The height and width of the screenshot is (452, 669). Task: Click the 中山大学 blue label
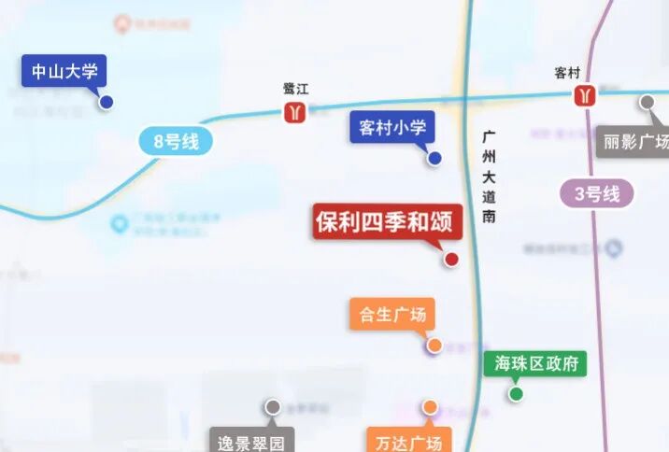coord(64,71)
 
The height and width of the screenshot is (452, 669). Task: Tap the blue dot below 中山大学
coord(107,102)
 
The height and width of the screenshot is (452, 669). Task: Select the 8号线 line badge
coord(177,141)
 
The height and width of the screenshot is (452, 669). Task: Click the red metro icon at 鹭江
coord(295,113)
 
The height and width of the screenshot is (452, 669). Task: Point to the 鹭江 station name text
coord(295,90)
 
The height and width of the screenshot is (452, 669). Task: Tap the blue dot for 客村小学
coord(434,158)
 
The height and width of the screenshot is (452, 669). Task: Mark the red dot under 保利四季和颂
coord(450,260)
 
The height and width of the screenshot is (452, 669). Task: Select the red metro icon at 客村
coord(586,95)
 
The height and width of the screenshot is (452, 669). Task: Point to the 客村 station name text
coord(567,72)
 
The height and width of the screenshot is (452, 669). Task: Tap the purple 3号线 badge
coord(597,194)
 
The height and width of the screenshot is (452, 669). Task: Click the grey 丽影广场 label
coord(635,143)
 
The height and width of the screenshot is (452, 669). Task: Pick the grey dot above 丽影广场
coord(647,103)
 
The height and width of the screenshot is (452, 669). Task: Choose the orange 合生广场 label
coord(392,315)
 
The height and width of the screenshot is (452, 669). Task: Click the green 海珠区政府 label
coord(534,363)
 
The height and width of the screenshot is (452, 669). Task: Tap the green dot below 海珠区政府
coord(516,393)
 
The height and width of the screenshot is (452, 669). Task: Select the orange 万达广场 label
coord(409,440)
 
